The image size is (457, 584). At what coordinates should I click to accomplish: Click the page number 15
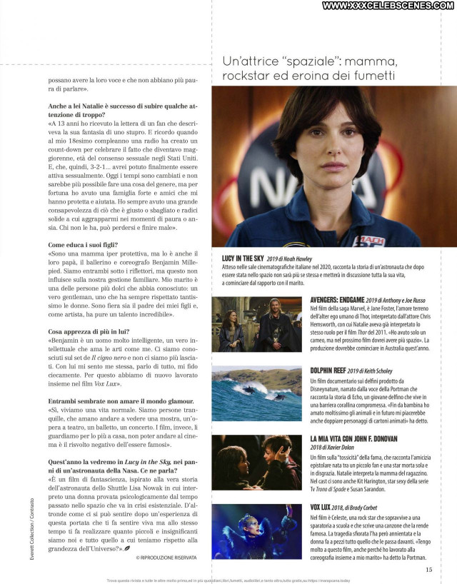(x=428, y=569)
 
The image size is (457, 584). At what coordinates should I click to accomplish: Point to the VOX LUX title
(x=325, y=506)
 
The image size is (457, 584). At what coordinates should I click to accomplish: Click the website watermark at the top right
(x=388, y=6)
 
